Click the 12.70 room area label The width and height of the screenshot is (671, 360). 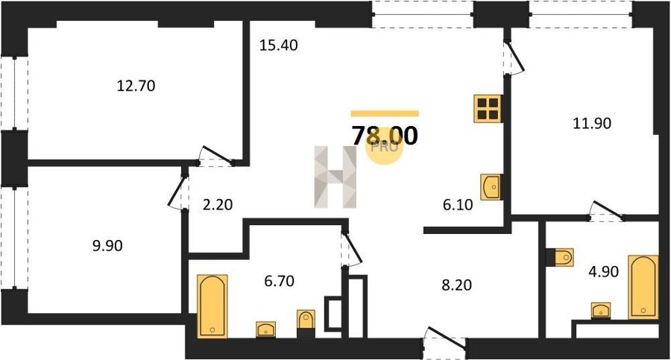point(136,86)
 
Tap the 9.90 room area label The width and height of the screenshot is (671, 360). point(107,246)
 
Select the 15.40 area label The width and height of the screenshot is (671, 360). point(279,45)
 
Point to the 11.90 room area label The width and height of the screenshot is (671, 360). point(592,123)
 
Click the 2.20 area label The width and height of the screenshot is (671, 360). point(218,205)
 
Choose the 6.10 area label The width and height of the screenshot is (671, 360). point(458,205)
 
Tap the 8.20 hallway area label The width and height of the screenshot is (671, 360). point(456,285)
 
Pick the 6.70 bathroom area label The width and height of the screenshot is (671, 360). point(279,281)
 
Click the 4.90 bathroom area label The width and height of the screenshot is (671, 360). point(603,271)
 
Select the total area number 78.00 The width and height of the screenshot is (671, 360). point(385,136)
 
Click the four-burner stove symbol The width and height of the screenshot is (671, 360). point(488,109)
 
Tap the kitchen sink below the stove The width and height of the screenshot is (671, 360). point(491,186)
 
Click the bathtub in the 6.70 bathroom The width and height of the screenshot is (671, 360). point(212,306)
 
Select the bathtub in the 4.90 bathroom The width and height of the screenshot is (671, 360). point(643,287)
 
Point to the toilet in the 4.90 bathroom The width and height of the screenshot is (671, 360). point(560,257)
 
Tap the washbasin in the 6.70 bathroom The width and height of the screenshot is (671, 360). point(265,329)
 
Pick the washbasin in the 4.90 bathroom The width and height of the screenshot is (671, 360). point(601,310)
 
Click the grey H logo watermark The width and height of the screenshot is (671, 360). point(335,177)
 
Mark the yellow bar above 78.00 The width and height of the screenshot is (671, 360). point(385,113)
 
